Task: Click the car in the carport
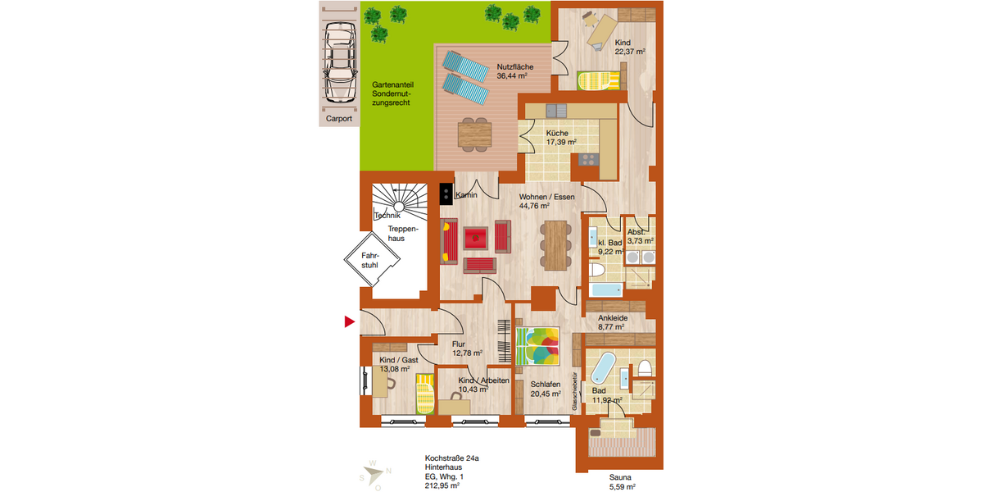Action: coord(338,61)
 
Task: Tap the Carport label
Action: coord(338,119)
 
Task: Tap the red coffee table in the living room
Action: coord(476,239)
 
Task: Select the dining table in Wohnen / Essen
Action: coord(556,244)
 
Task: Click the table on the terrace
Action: coord(473,132)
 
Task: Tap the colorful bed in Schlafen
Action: coord(538,345)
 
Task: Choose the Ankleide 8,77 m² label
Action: coord(612,322)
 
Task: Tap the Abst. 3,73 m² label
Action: coord(640,237)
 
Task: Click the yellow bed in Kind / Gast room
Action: coord(424,393)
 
